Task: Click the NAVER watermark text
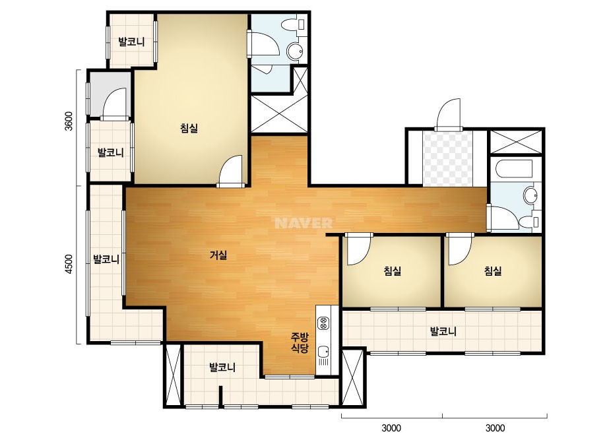tap(304, 223)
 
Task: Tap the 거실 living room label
tap(218, 255)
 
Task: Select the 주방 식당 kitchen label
tap(300, 342)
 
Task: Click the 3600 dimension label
tap(69, 121)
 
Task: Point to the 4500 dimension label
tap(69, 264)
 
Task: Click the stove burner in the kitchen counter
tap(323, 323)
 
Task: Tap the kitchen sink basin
tap(323, 352)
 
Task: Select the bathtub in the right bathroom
tap(514, 169)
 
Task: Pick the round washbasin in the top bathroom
tap(295, 51)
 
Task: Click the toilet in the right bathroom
tap(529, 222)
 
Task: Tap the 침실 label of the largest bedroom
tap(189, 128)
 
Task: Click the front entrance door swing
tap(449, 114)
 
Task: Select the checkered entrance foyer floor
tap(448, 158)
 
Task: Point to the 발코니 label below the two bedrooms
tap(443, 331)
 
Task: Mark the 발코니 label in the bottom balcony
tap(222, 367)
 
